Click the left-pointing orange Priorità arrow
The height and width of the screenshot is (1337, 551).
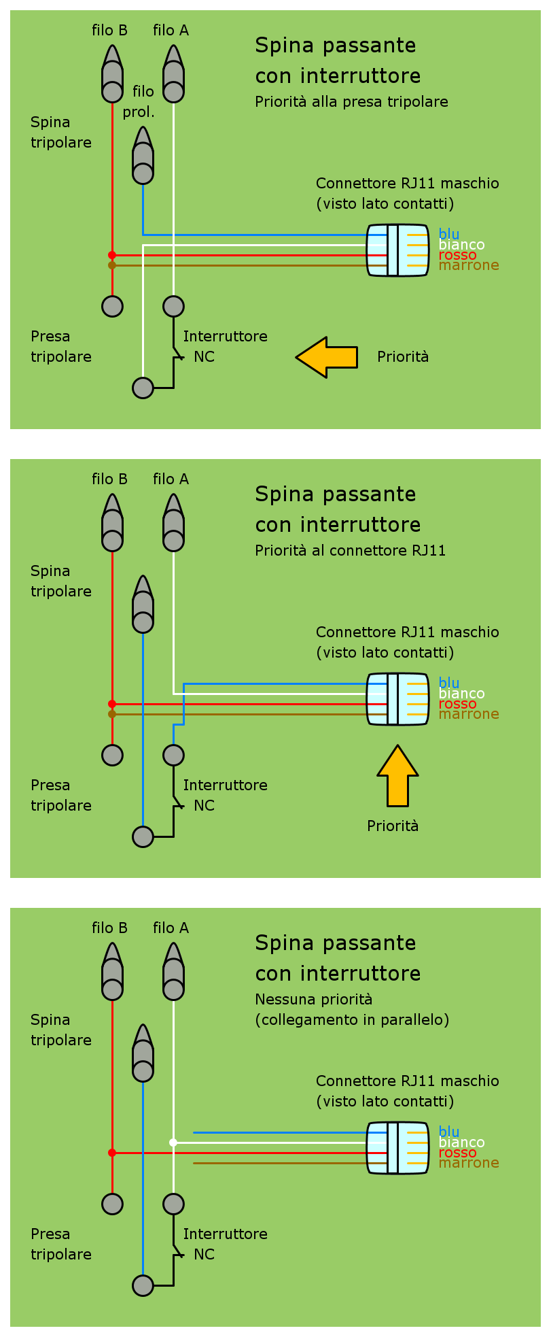point(326,357)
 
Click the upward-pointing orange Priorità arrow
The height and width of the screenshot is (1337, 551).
point(397,775)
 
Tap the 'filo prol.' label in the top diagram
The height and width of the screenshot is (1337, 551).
point(139,101)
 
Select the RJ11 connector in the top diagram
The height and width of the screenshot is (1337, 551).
point(397,250)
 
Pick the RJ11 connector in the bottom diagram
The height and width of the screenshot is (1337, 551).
point(397,1148)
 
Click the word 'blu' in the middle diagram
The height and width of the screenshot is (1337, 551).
point(449,683)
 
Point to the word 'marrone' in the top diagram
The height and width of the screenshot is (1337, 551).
point(469,265)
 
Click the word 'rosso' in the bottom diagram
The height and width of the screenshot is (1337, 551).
point(457,1153)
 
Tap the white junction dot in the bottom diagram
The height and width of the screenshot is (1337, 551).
point(173,1143)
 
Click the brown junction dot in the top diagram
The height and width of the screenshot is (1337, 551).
point(112,265)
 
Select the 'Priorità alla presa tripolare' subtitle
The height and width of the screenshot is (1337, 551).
point(351,102)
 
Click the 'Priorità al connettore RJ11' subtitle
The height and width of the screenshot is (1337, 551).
point(350,551)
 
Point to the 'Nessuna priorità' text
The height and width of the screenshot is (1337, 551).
point(313,1000)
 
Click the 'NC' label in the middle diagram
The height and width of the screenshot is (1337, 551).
point(204,806)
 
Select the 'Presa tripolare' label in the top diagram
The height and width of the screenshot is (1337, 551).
point(60,347)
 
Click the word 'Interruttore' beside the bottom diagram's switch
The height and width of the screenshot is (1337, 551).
point(225,1234)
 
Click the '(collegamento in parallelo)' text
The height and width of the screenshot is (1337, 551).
point(352,1020)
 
